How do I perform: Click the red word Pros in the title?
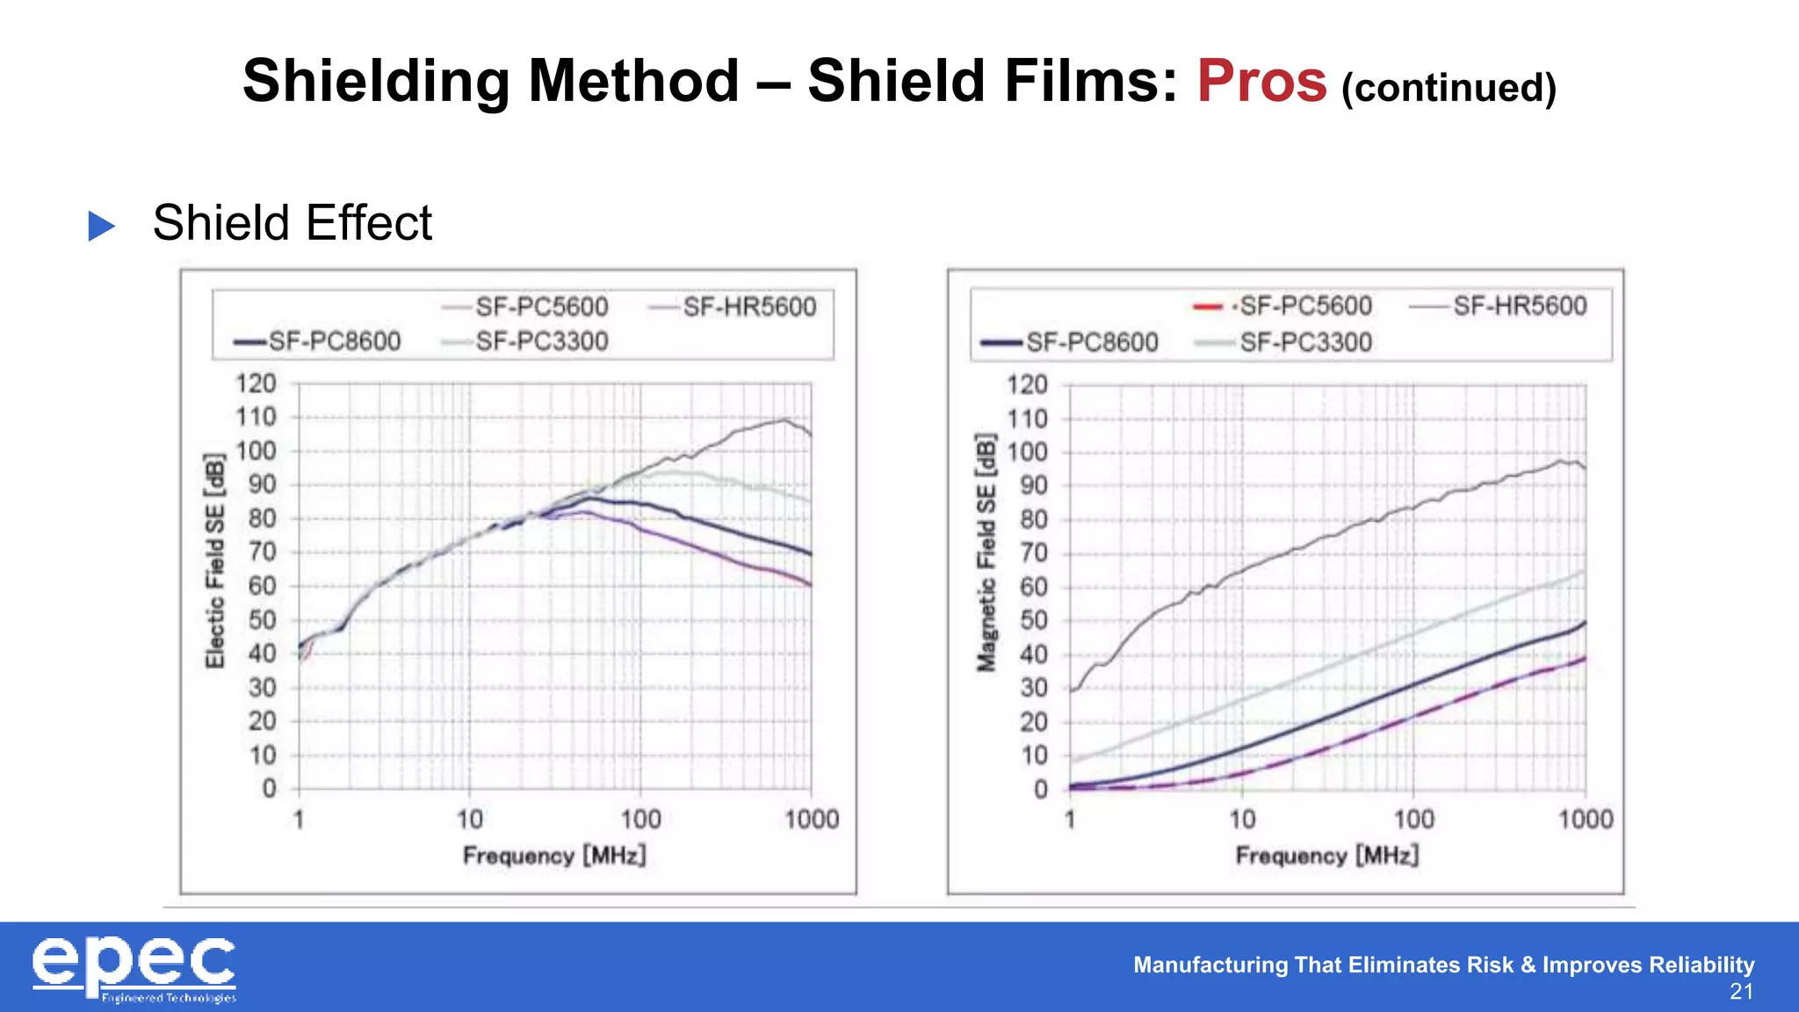click(x=1261, y=82)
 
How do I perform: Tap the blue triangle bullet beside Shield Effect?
click(x=102, y=226)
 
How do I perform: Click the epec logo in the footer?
click(x=134, y=967)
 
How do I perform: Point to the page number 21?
click(x=1741, y=993)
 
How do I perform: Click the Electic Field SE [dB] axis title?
click(x=214, y=560)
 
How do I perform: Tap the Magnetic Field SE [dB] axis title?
click(x=986, y=553)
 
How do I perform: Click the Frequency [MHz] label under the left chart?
click(x=554, y=855)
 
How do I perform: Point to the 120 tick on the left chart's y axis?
click(x=256, y=384)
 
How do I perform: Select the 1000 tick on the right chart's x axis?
click(x=1586, y=820)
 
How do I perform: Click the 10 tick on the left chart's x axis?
click(x=469, y=820)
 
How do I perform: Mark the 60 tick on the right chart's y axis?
click(x=1034, y=587)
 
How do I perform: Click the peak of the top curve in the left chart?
click(x=784, y=420)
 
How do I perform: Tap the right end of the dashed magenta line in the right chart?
click(x=1584, y=659)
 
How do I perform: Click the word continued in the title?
click(x=1449, y=88)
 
